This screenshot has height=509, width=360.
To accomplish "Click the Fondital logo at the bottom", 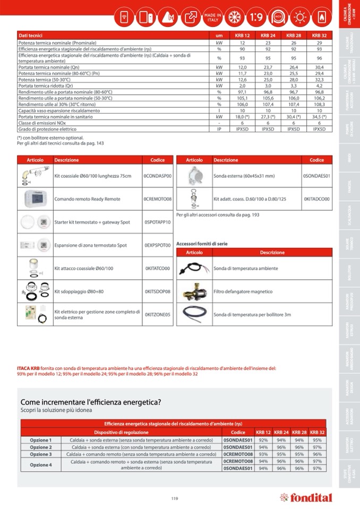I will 306,497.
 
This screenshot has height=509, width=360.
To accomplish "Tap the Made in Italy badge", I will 212,17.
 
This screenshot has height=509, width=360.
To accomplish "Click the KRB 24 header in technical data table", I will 268,36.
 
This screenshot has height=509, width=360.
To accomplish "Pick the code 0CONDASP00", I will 158,176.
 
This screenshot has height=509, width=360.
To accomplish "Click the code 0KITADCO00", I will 316,199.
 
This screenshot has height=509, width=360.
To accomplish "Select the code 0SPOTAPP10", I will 158,222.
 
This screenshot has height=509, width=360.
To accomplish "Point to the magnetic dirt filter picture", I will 194,291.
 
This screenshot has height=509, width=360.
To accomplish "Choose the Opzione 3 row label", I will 41,454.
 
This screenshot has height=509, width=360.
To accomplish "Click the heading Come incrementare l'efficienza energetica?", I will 91,402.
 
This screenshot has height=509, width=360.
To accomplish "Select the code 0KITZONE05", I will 158,315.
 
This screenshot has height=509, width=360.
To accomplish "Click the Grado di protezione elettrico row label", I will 47,129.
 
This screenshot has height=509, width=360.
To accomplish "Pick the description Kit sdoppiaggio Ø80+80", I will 79,291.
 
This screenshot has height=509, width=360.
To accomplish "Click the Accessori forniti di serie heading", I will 202,244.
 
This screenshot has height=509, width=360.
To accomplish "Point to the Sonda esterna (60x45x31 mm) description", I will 244,176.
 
